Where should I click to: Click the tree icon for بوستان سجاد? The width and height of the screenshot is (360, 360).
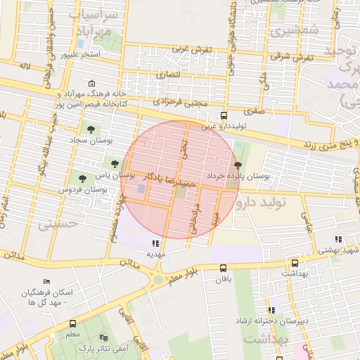(90, 129)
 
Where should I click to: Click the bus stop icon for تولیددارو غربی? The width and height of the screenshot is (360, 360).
(224, 116)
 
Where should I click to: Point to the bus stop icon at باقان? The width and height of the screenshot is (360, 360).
(224, 268)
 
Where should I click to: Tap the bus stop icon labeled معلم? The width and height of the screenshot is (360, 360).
(73, 324)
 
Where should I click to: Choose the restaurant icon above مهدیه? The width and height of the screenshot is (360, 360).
(155, 244)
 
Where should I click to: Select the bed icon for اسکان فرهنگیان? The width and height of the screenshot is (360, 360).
(46, 282)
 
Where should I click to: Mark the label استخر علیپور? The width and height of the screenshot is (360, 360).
(78, 54)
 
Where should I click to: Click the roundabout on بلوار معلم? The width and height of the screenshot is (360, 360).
(159, 279)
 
